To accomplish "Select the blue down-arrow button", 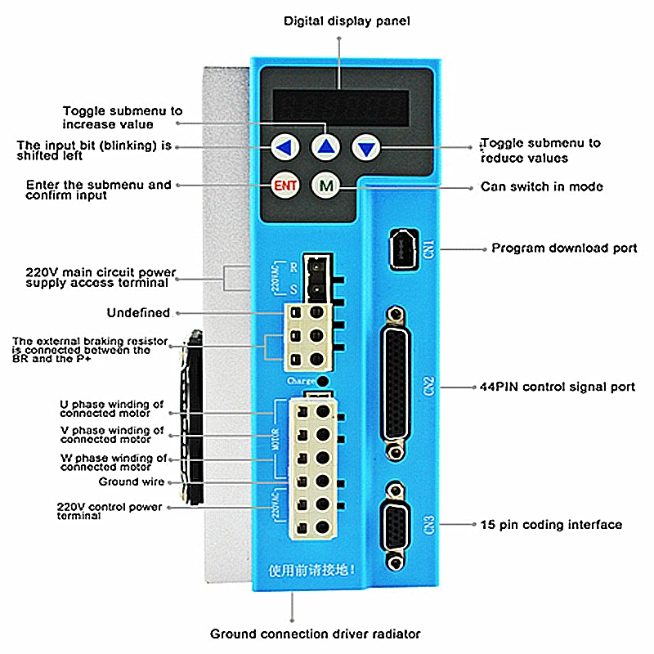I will click(366, 148).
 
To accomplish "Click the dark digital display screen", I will click(341, 105).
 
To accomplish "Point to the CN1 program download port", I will click(403, 246).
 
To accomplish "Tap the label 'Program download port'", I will click(564, 248).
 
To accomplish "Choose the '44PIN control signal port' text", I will click(557, 387).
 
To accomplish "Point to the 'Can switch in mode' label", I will click(541, 186).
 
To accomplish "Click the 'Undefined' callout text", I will click(138, 312).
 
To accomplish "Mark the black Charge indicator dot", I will click(324, 382).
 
